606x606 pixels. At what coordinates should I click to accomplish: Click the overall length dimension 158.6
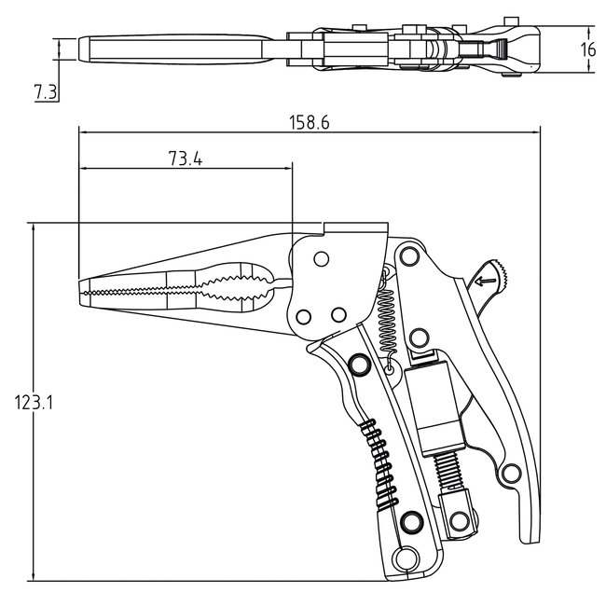pos(309,122)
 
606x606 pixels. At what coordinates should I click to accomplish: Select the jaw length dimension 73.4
pos(186,158)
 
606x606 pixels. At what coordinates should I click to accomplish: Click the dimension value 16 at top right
pos(587,50)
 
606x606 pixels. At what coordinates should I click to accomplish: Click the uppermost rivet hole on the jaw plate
pos(322,258)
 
